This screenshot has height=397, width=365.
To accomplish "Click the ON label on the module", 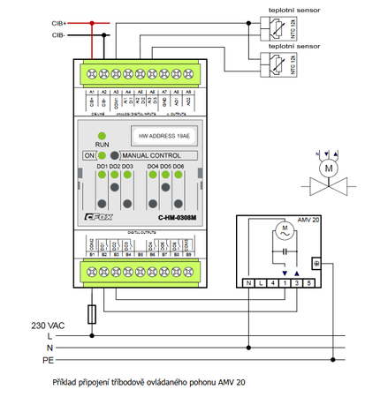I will point(88,155).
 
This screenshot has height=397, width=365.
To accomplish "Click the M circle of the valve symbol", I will point(330,168).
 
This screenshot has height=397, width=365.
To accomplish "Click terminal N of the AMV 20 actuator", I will point(251,283).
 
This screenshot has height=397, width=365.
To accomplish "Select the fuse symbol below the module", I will point(93,313).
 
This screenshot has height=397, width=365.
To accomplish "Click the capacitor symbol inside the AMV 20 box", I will point(285,259).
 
